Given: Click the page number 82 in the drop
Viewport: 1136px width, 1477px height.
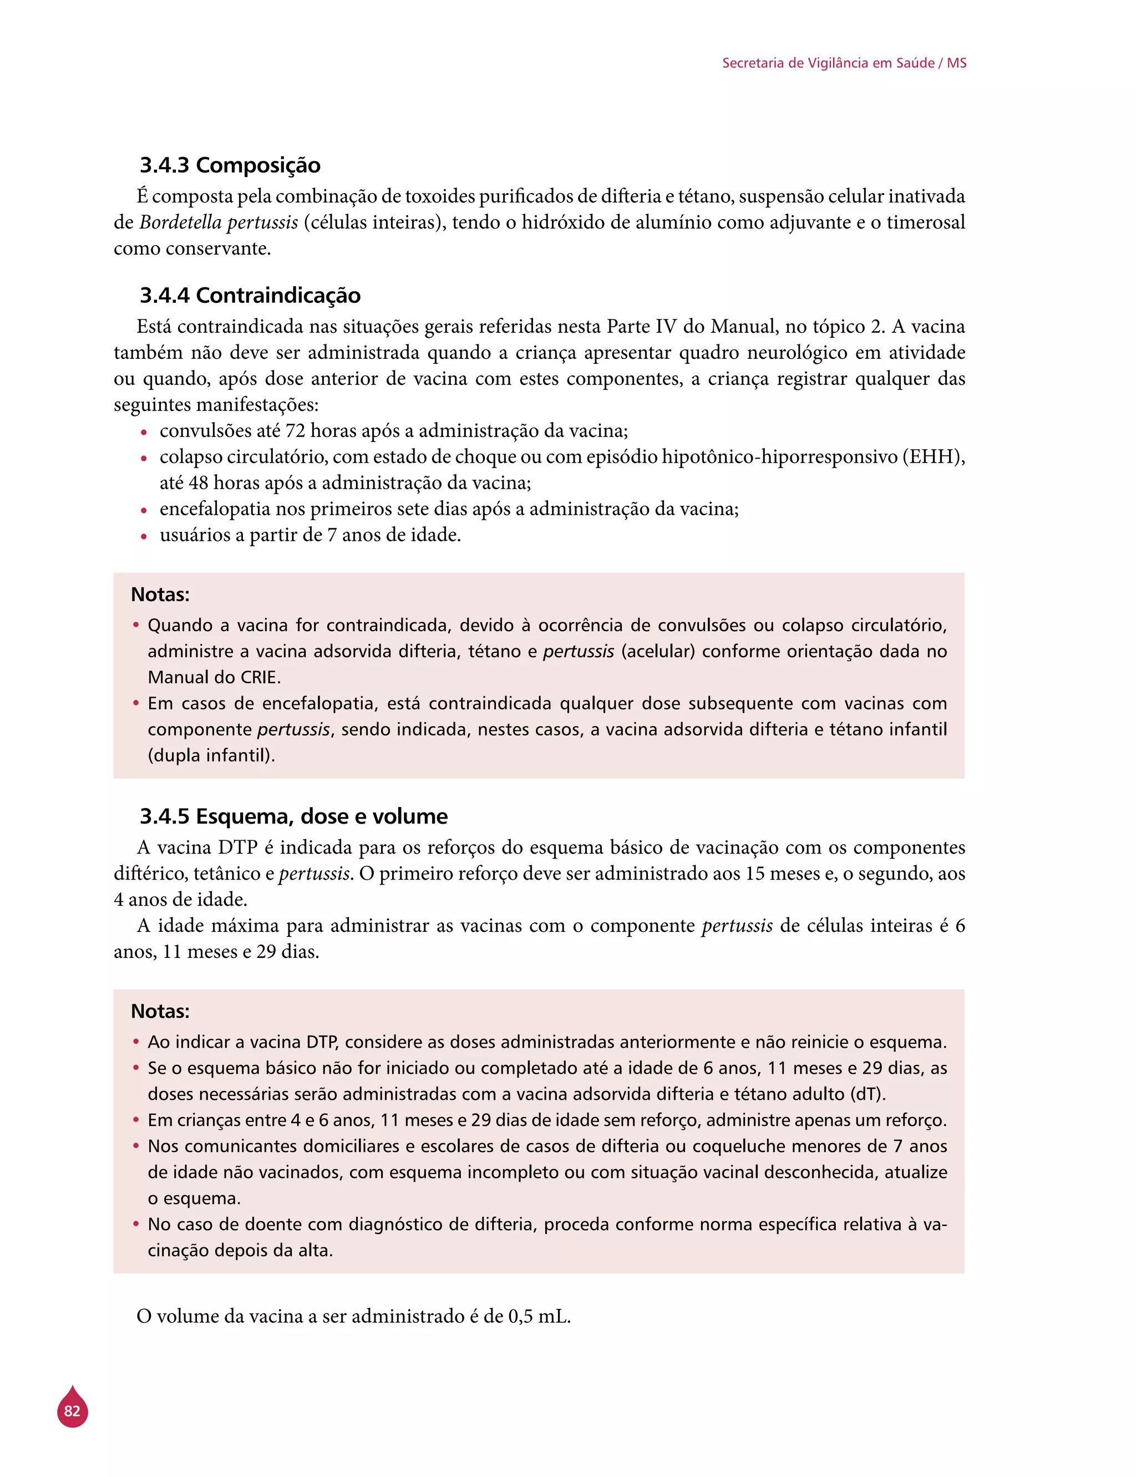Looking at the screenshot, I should pos(72,1411).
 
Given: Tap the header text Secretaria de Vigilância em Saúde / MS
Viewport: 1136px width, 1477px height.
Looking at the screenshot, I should pos(844,63).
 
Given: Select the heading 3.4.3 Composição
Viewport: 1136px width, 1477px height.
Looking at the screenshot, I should pos(230,165).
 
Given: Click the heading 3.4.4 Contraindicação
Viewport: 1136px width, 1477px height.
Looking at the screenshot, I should pos(250,296).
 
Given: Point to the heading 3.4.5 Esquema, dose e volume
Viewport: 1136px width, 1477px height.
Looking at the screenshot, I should pos(293,816).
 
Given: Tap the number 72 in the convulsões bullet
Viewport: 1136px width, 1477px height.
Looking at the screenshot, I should pos(295,430).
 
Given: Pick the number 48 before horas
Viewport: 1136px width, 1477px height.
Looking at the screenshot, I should pos(198,483).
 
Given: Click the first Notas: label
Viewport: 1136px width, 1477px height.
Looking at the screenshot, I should pos(160,595).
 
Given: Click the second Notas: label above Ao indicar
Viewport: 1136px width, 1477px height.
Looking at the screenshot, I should pos(160,1011).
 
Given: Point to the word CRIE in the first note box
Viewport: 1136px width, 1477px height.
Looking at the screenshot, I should pos(259,677).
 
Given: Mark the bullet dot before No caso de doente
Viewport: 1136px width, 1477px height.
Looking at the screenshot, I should pos(136,1224).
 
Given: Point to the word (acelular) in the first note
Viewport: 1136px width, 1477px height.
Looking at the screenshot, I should pos(658,651).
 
